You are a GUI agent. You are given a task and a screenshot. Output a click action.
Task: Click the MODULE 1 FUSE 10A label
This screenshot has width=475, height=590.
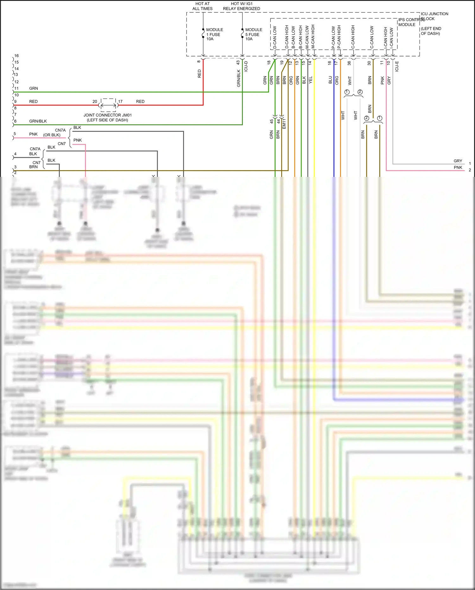point(214,34)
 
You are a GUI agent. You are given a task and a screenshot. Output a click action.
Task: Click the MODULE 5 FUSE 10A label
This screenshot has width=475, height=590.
point(253,34)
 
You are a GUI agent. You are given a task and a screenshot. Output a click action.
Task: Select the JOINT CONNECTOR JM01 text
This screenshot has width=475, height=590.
point(107,115)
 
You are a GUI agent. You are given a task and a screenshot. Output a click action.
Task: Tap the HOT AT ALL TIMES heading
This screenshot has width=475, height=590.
point(202,6)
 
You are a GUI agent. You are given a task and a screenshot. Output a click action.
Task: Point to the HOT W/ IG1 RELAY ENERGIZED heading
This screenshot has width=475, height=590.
point(241,6)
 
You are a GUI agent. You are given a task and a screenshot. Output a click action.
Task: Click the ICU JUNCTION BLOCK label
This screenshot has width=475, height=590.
point(434,16)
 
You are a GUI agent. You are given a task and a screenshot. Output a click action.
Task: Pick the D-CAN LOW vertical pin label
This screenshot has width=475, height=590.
point(275,37)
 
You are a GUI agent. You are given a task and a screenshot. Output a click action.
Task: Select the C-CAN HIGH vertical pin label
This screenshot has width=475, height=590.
point(353,37)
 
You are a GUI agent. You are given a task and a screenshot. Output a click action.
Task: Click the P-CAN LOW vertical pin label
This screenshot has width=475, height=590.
point(333,37)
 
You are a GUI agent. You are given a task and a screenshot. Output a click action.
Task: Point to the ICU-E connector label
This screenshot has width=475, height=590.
point(397,66)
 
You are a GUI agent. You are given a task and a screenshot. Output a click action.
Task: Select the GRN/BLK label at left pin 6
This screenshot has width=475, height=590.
point(38,121)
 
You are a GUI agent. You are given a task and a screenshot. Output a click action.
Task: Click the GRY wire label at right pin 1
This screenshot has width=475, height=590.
point(458,161)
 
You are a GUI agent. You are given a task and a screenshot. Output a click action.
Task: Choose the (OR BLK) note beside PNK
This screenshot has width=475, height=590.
point(52,135)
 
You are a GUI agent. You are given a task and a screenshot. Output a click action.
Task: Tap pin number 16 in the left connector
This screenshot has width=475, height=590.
point(16,56)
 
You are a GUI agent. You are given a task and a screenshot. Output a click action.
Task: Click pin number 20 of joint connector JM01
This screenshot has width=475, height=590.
point(95,101)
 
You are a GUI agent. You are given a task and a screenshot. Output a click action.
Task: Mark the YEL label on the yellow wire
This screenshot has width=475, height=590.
point(310,80)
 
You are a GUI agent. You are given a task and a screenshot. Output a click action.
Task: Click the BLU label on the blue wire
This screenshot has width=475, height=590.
point(330,80)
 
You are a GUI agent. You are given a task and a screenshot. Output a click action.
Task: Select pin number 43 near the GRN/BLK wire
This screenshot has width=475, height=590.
point(238,63)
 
